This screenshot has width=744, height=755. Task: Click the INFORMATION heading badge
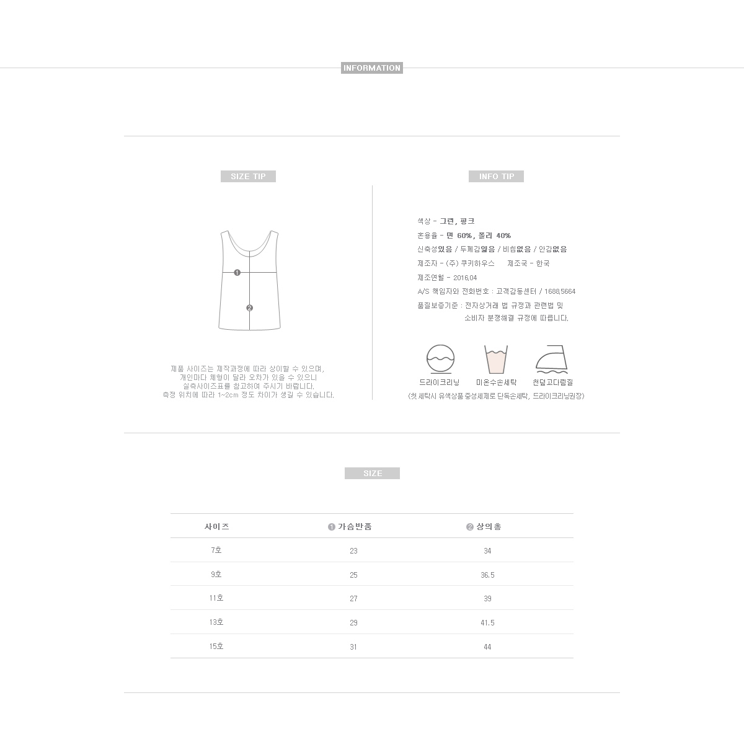click(372, 68)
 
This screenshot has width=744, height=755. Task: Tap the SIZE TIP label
click(248, 177)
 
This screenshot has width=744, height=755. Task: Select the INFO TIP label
click(496, 177)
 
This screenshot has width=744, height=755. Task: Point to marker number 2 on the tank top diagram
click(249, 308)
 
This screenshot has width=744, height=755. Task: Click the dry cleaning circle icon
click(440, 359)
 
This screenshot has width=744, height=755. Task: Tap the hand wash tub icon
click(496, 360)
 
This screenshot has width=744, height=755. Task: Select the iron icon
click(552, 360)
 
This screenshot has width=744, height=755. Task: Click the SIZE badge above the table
click(372, 474)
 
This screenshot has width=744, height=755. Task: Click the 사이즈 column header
click(217, 527)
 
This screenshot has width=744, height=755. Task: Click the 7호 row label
click(216, 550)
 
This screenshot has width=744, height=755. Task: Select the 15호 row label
click(216, 647)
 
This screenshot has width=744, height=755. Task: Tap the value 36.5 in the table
click(487, 575)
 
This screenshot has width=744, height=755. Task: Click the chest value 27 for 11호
click(353, 599)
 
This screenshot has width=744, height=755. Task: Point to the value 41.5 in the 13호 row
click(487, 623)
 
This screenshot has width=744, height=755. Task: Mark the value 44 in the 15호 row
click(487, 647)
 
